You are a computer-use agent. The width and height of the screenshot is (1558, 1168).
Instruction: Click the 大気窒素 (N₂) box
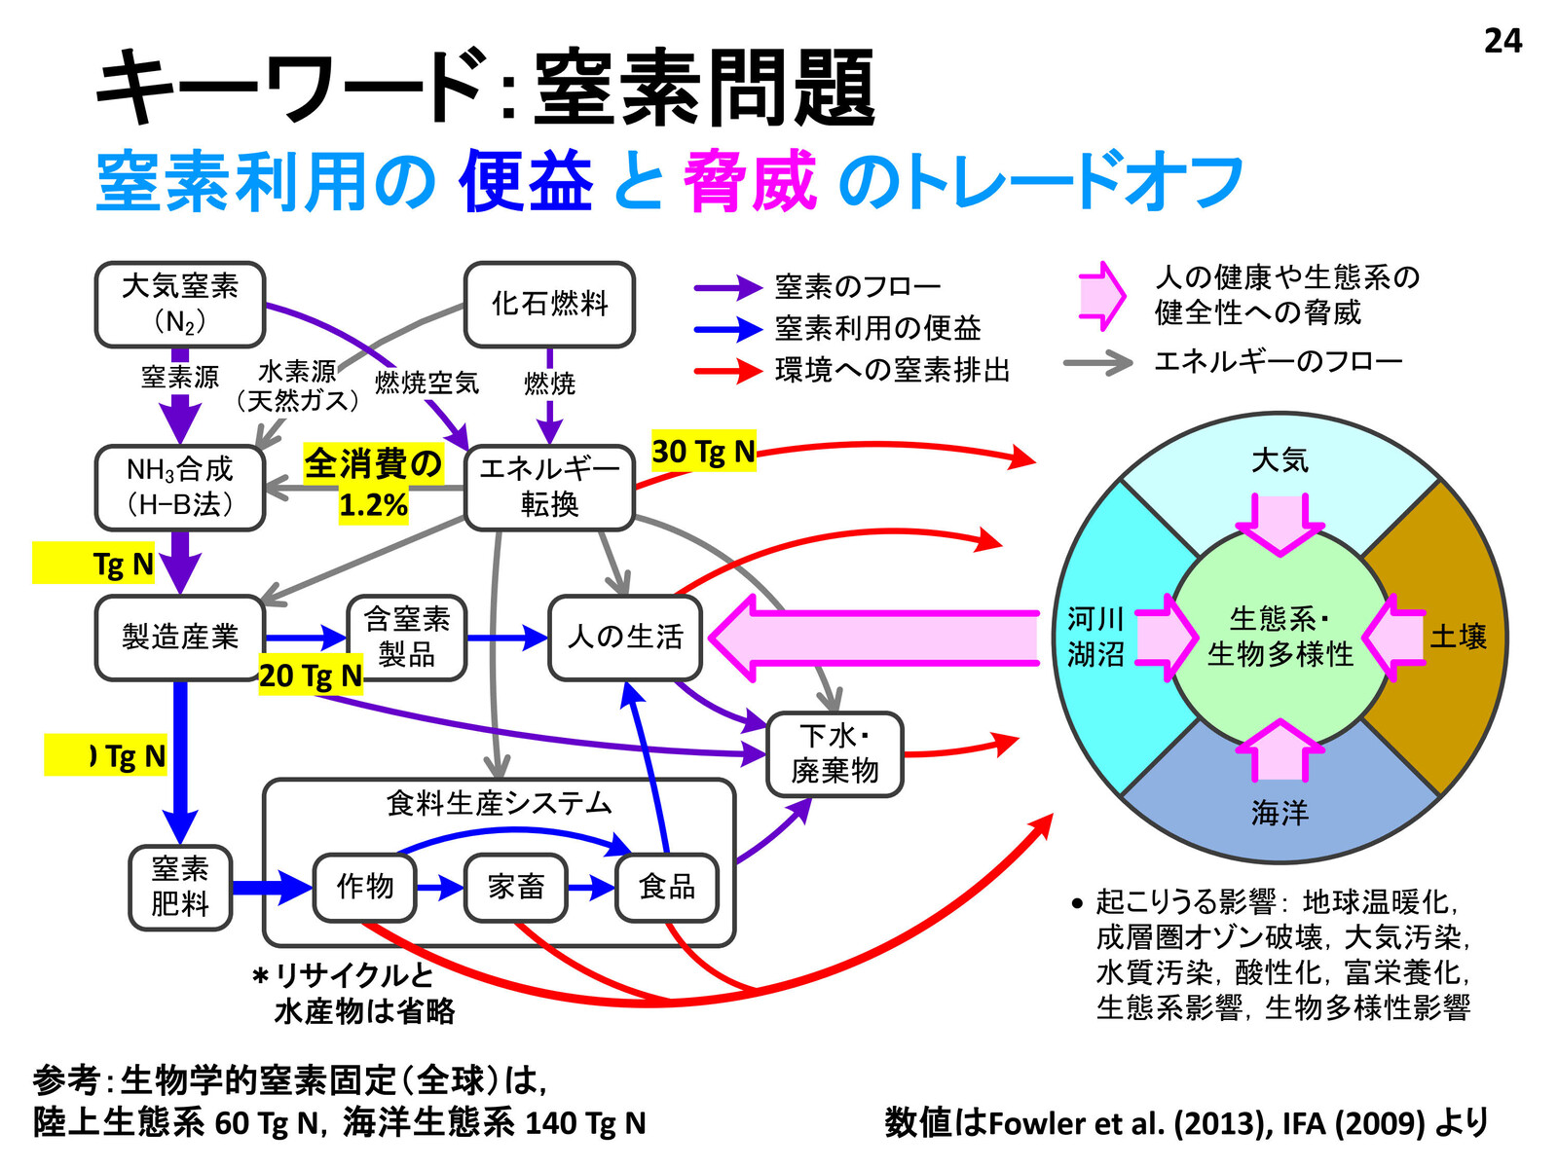pos(180,305)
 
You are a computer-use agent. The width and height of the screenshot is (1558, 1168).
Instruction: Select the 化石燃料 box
pos(549,305)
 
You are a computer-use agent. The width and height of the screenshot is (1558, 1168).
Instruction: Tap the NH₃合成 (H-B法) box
pos(180,488)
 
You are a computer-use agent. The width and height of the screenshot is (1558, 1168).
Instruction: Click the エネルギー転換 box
pos(549,488)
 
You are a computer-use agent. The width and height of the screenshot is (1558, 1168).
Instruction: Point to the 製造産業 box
pos(180,638)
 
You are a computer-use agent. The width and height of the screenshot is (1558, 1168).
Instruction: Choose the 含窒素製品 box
pos(407,638)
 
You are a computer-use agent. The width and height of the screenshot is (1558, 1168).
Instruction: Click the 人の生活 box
pos(625,638)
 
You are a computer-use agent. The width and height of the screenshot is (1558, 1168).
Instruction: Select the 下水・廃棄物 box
pos(835,754)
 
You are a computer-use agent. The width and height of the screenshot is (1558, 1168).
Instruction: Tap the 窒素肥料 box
pos(180,887)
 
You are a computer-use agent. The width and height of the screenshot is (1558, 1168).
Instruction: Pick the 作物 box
pos(365,887)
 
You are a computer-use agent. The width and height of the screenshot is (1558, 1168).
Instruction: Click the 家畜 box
pos(516,887)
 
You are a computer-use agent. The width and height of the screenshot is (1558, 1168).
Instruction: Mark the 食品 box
pos(667,887)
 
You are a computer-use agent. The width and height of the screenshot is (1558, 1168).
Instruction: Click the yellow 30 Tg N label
pos(703,453)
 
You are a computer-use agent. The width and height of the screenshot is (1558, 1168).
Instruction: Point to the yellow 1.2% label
pos(373,505)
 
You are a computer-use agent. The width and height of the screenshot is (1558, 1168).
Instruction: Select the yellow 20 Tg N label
pos(311,675)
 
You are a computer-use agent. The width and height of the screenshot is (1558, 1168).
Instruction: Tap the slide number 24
pos(1502,41)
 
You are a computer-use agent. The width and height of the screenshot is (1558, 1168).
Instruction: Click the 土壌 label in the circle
pos(1458,637)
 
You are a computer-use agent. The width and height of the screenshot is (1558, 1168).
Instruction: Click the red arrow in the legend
pos(727,371)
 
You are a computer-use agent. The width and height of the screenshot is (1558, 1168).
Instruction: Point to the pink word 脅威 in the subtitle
pos(750,182)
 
